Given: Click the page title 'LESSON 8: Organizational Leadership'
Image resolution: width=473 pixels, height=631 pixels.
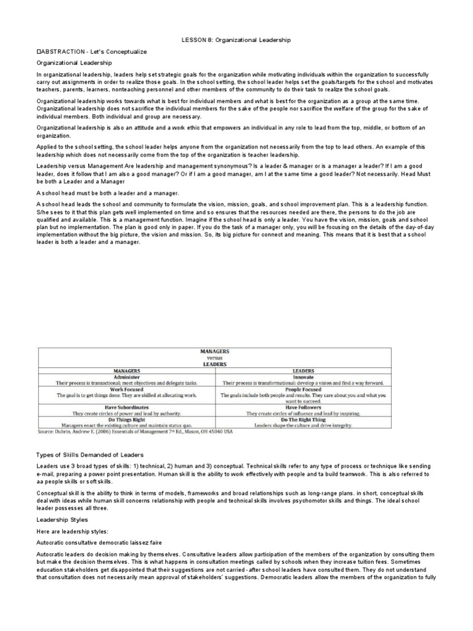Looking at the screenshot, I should [x=236, y=40].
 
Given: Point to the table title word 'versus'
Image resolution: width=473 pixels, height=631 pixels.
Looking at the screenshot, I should [x=214, y=357].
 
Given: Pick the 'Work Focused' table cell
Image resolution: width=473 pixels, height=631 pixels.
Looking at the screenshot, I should [x=127, y=388].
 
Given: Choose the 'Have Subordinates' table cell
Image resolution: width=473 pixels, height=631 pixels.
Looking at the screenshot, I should [x=127, y=408].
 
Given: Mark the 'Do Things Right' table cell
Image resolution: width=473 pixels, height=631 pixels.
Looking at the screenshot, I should [x=127, y=420].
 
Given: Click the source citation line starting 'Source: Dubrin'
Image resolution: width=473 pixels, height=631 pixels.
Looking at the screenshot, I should [x=136, y=432].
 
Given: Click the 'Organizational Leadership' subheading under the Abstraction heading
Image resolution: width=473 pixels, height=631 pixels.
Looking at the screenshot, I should [x=74, y=62].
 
